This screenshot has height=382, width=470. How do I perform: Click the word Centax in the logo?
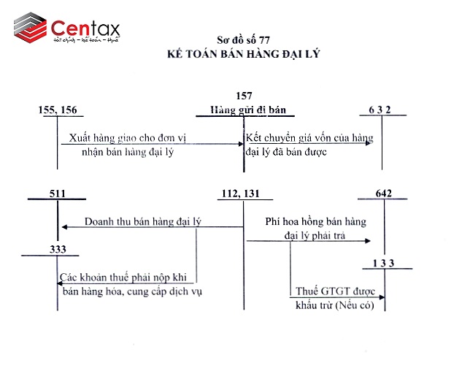tap(85, 28)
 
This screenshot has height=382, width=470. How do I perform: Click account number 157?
tap(245, 96)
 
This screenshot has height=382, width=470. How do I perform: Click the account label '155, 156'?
tap(57, 110)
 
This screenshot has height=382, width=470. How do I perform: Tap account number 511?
tap(57, 194)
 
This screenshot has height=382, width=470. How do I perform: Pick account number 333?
tap(58, 250)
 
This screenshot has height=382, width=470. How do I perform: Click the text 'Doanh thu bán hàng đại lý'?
tap(142, 221)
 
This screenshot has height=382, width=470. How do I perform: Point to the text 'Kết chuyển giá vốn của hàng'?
tap(309, 137)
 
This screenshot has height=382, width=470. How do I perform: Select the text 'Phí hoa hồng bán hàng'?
tap(315, 221)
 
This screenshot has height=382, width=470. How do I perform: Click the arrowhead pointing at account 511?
tap(63, 227)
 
